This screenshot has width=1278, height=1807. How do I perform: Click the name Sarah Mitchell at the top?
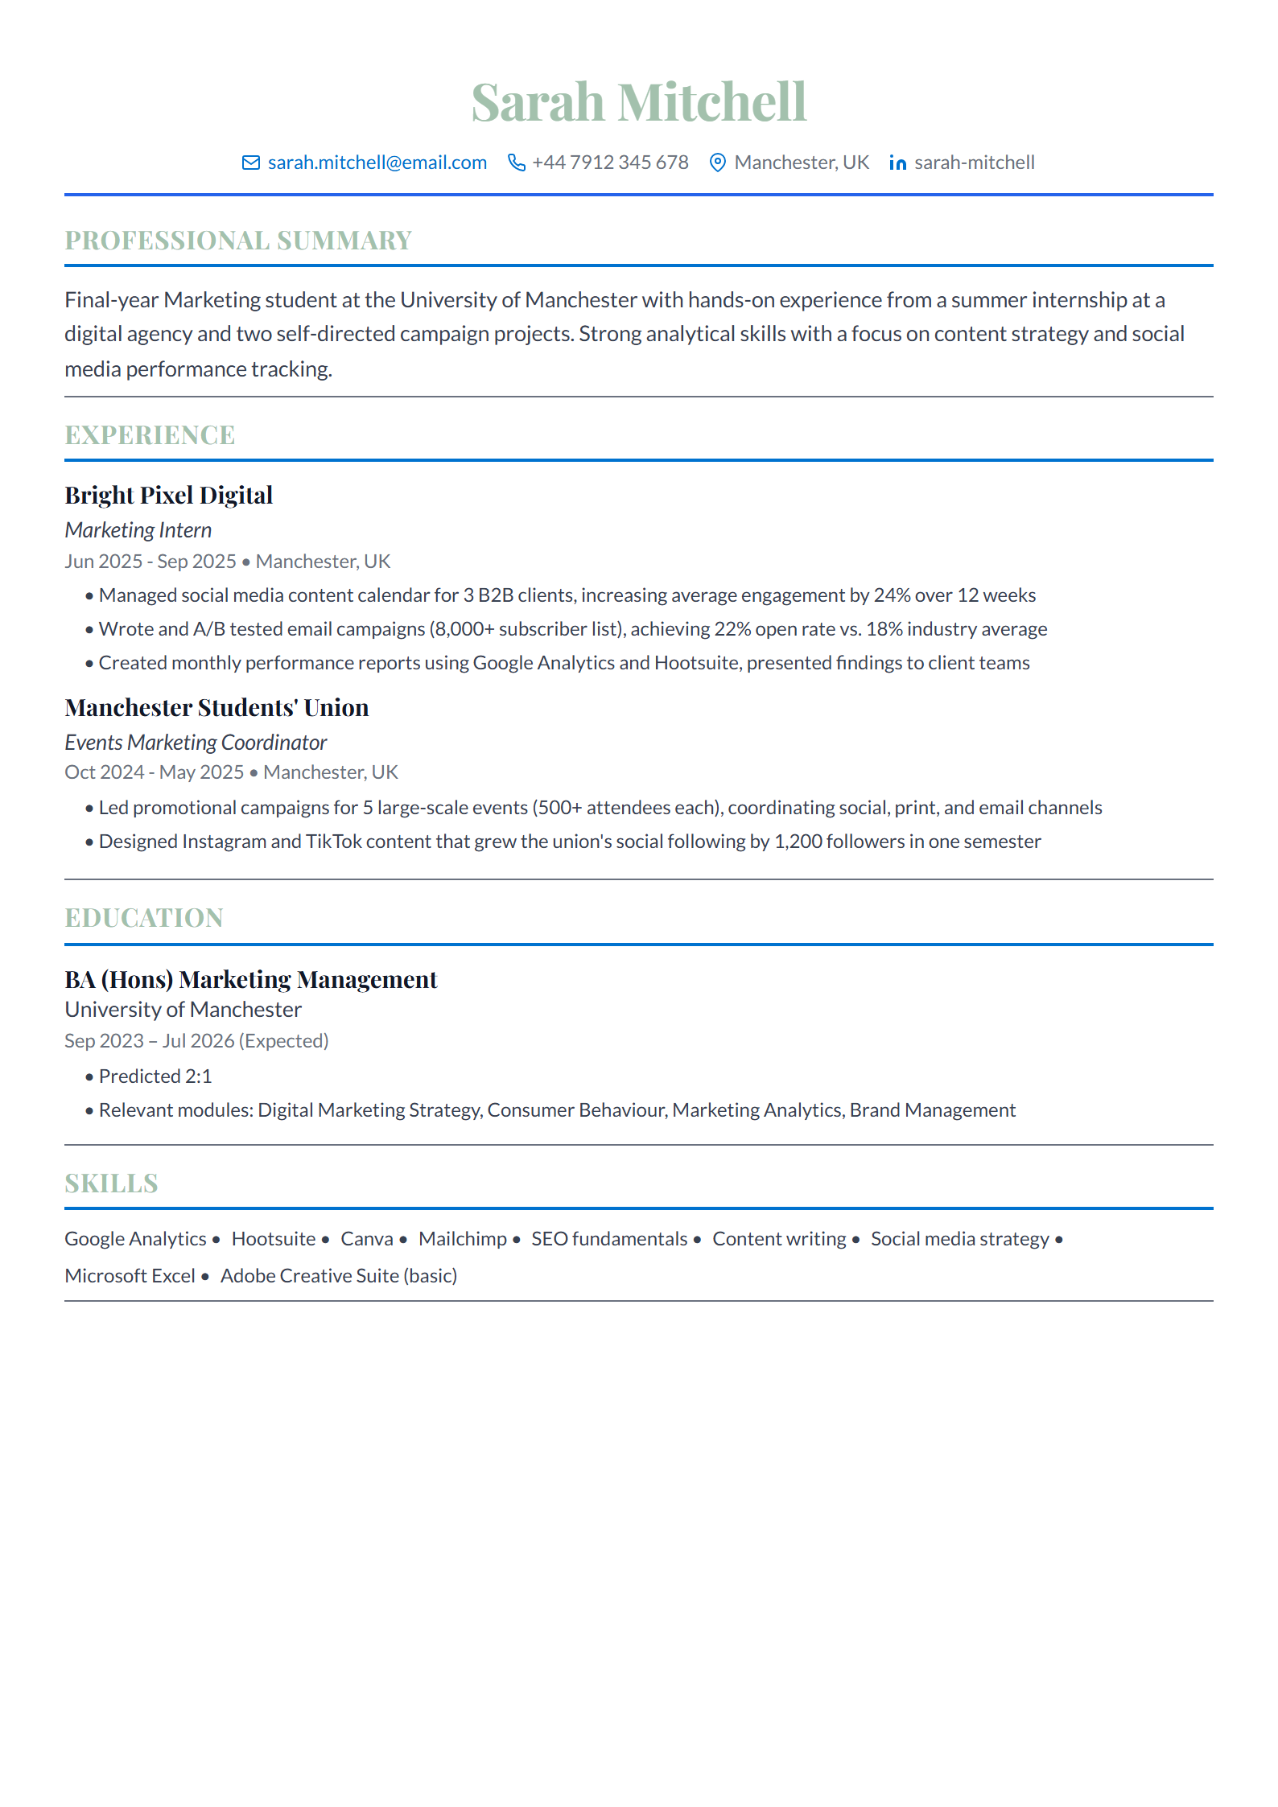tap(638, 103)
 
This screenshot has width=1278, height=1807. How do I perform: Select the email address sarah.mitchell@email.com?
tap(377, 163)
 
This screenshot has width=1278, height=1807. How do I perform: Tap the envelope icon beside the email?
tap(251, 163)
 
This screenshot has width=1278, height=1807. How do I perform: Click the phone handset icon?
tap(517, 163)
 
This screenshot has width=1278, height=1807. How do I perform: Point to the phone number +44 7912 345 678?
tap(610, 163)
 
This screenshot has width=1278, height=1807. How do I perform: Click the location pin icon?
tap(717, 163)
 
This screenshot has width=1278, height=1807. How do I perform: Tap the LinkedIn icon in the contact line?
tap(898, 163)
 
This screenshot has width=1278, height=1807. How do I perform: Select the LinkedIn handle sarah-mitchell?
tap(974, 163)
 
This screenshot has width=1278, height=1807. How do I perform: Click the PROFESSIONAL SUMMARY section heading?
tap(238, 241)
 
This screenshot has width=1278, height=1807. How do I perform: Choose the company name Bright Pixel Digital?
tap(169, 496)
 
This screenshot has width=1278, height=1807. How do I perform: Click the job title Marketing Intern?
tap(138, 530)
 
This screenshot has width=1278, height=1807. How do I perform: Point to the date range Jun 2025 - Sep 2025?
tap(150, 562)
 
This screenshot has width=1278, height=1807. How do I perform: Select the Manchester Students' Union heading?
tap(216, 708)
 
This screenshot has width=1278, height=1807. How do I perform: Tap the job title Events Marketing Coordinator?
tap(196, 743)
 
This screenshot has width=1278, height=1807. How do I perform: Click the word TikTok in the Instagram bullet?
tap(333, 842)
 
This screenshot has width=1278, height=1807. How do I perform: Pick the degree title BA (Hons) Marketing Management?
tap(251, 980)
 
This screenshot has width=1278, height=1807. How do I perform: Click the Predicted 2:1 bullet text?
tap(155, 1076)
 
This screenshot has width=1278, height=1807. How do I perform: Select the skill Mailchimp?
tap(463, 1239)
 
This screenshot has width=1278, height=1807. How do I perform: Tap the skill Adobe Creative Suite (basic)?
tap(339, 1276)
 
